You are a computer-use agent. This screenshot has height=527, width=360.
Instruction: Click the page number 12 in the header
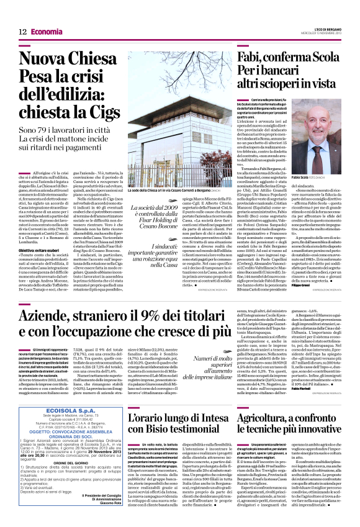click(x=22, y=32)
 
